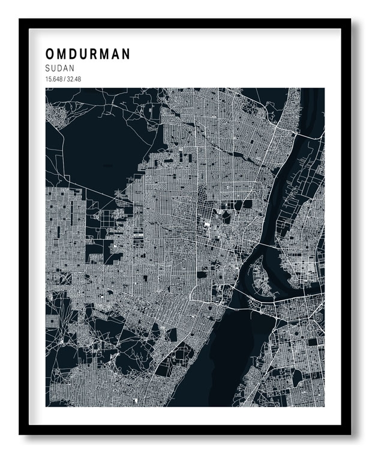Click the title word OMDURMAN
(x=88, y=54)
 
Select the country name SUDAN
(x=59, y=68)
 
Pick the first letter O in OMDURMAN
(x=50, y=54)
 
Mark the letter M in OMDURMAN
(x=62, y=54)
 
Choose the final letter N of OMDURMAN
(x=125, y=54)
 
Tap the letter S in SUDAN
(x=47, y=68)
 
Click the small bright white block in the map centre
(x=208, y=224)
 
